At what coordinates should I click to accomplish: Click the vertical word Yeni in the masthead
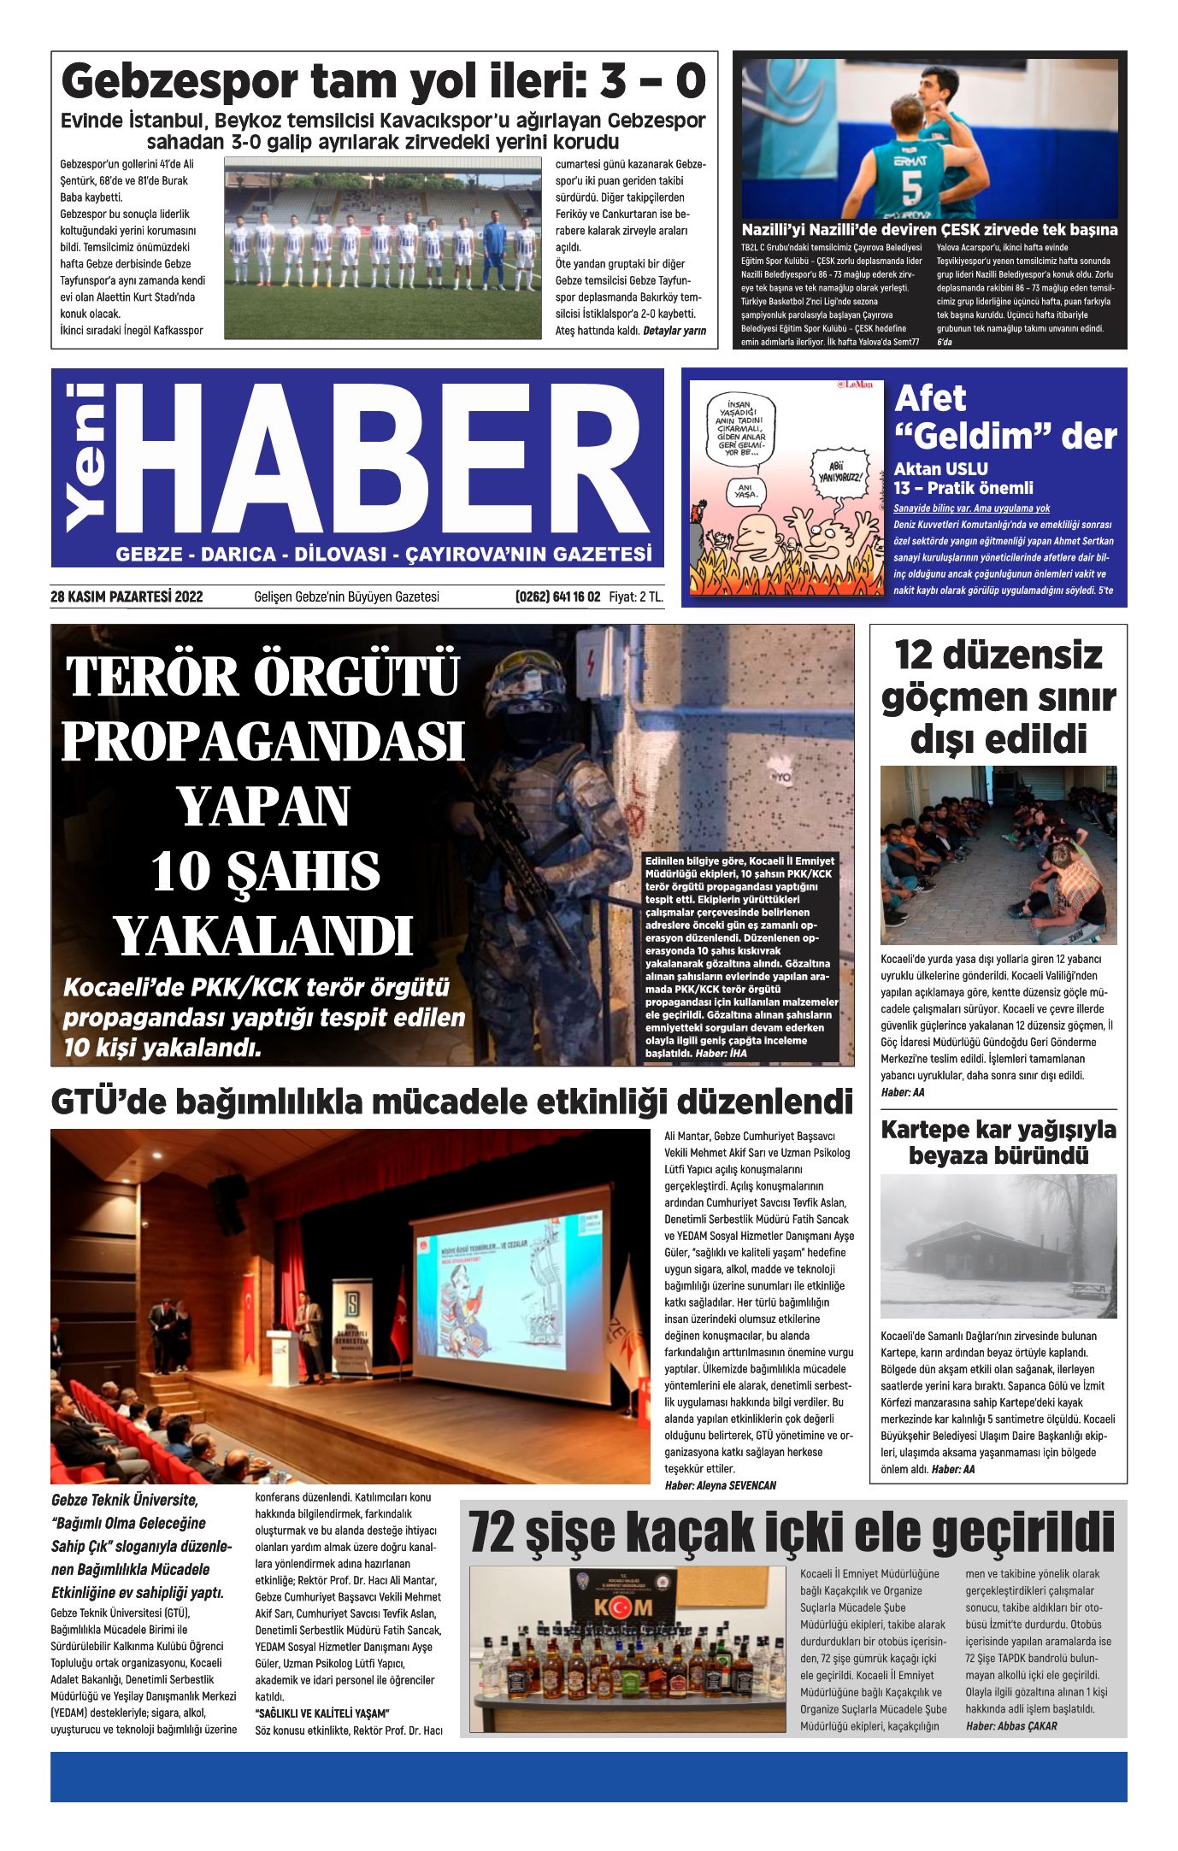coord(86,457)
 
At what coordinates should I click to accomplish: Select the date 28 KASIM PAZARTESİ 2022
coord(127,596)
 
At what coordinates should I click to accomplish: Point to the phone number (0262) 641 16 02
coord(557,596)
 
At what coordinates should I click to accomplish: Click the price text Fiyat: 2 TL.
coord(635,596)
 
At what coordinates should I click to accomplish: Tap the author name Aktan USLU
coord(940,468)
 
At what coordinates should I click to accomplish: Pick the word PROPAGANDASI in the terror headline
coord(262,742)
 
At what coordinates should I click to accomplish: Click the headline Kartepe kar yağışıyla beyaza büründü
coord(998,1142)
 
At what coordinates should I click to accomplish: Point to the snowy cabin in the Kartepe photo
coord(975,1254)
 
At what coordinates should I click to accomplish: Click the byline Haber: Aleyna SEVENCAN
coord(720,1485)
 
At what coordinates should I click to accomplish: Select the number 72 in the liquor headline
coord(492,1532)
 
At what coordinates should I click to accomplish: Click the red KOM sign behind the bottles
coord(622,1607)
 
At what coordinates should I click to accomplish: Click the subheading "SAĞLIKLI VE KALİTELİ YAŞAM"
coord(321,1713)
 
